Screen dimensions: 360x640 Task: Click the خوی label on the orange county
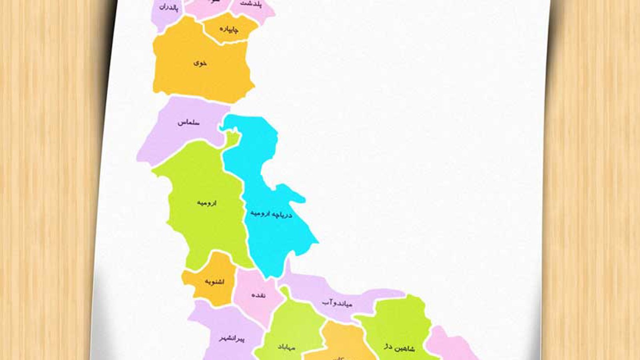pos(200,63)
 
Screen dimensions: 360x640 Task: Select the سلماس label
pos(188,122)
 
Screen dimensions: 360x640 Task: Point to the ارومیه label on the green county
pos(206,203)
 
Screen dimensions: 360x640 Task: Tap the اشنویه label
pos(214,282)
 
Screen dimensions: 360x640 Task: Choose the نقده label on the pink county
pos(258,295)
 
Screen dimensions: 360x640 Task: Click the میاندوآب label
pos(337,303)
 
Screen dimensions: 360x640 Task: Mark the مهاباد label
pos(286,347)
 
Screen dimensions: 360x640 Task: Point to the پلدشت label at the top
pos(252,4)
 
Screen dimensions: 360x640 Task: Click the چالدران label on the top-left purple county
pos(168,7)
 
